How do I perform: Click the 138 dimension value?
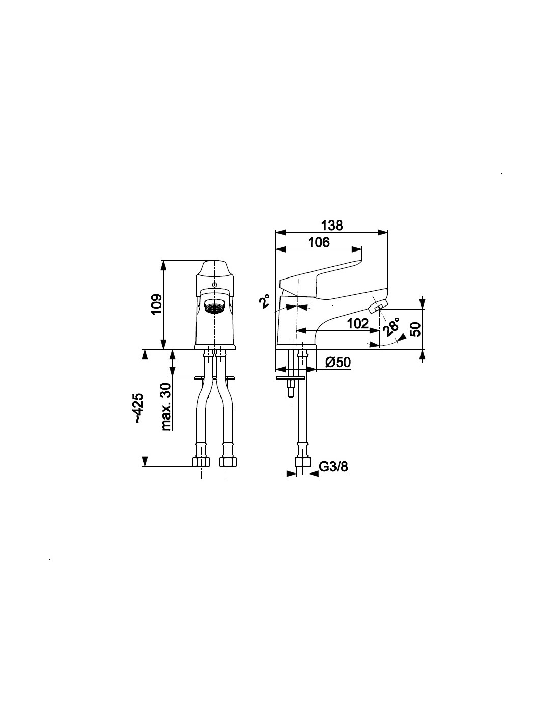coord(331,226)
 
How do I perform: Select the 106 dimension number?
coord(318,242)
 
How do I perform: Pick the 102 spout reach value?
coord(357,323)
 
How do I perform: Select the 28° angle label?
coord(390,325)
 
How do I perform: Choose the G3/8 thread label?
coord(333,467)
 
